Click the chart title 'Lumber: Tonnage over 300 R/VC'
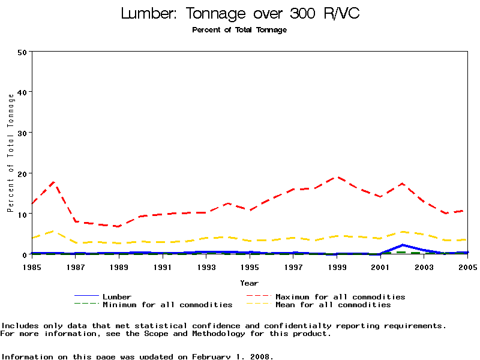pos(240,13)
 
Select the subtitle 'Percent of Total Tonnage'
pos(239,30)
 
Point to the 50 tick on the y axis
pos(22,52)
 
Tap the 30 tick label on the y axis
pos(22,133)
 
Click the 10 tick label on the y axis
pos(22,214)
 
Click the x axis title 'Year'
pos(249,283)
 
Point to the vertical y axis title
pos(10,163)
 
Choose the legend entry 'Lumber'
pos(117,296)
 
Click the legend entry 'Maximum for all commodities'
pos(340,296)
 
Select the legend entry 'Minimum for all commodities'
pos(167,305)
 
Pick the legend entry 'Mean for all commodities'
pos(333,305)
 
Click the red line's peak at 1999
pos(337,177)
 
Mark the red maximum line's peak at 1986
pos(54,181)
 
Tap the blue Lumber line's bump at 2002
pos(403,245)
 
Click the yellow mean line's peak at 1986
pos(54,231)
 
